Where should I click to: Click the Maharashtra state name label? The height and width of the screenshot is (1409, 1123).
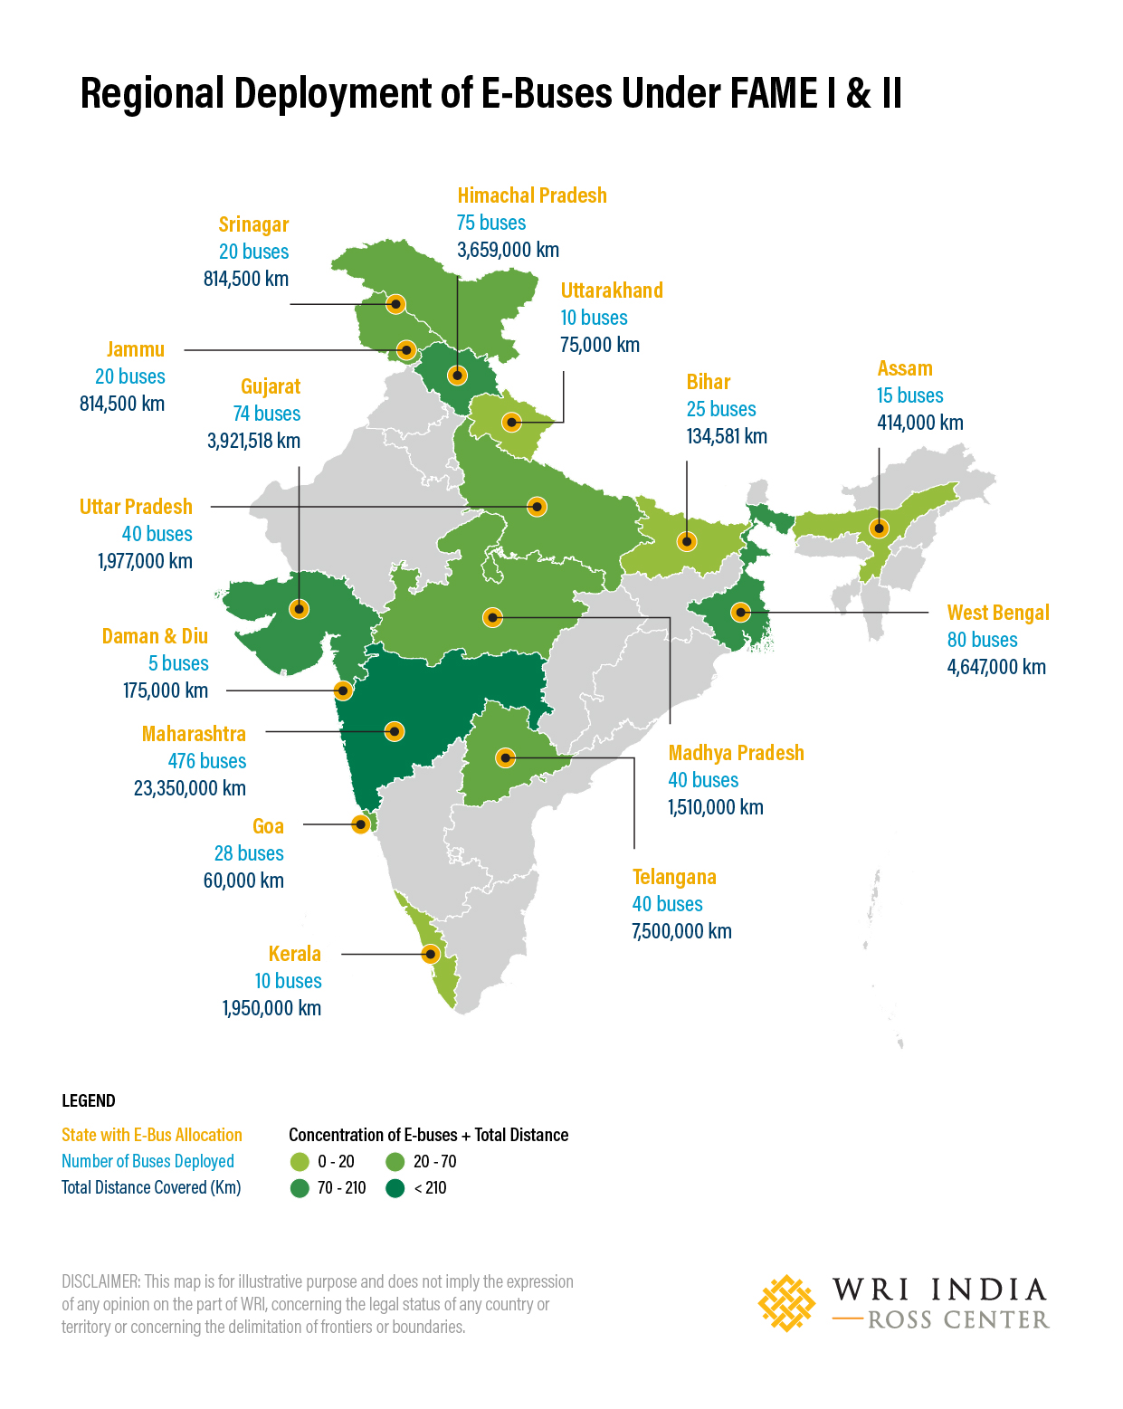194,734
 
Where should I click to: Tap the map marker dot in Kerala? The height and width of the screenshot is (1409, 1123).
431,954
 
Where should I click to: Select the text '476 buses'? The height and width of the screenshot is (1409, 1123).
206,761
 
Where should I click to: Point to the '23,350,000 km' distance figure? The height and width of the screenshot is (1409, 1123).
190,788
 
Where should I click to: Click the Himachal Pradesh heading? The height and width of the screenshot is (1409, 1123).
532,195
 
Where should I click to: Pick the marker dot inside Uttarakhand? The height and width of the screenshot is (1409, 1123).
511,422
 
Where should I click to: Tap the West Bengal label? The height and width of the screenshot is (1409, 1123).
998,613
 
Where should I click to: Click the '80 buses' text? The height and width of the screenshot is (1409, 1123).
982,640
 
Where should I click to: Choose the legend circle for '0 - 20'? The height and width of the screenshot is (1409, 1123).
300,1162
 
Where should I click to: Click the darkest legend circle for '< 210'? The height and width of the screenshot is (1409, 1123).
395,1188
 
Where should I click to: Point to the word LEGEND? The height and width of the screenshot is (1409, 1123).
89,1100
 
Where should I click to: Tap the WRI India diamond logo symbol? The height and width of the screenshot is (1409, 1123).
786,1303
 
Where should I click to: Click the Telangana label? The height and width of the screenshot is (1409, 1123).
674,877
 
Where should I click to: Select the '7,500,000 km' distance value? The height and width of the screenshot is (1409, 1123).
681,931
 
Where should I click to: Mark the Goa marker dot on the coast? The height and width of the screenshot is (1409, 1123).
360,824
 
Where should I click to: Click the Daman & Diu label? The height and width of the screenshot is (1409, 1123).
155,636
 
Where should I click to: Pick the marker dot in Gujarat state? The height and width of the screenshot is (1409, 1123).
299,608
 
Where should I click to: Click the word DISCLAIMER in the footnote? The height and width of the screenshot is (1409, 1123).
100,1281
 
